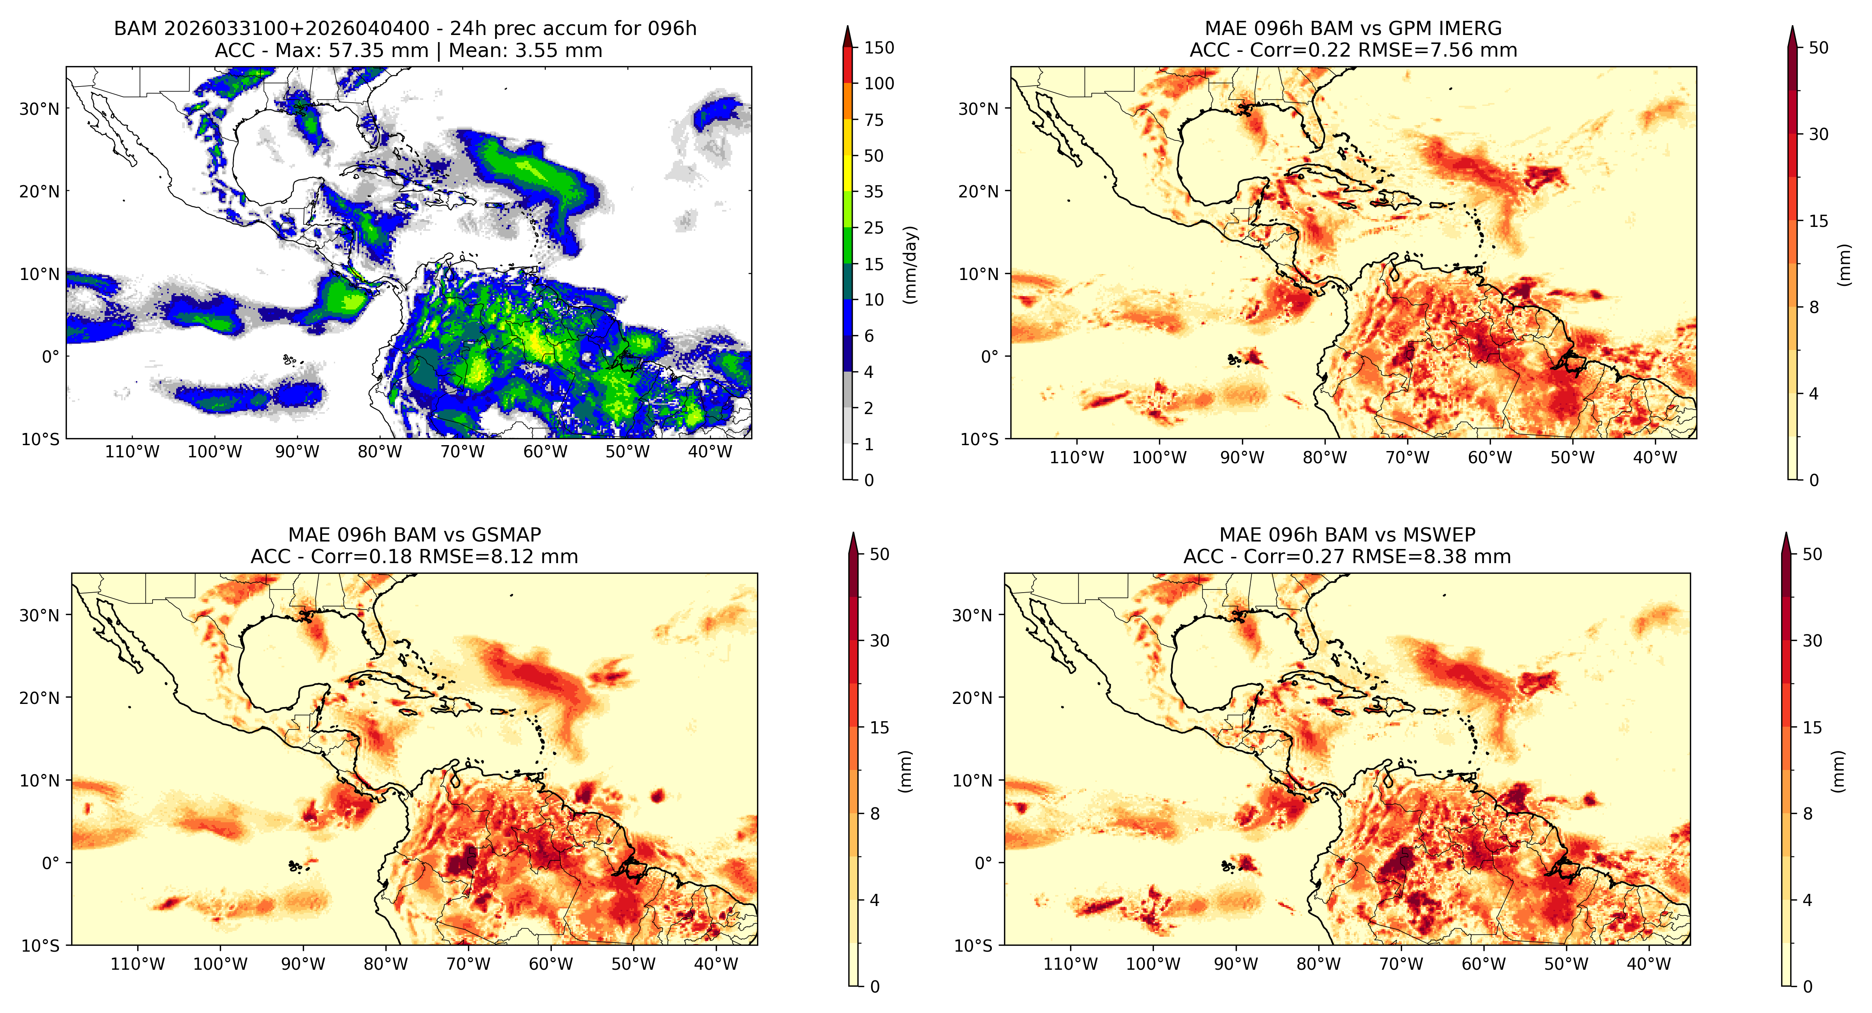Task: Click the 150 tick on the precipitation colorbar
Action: (879, 48)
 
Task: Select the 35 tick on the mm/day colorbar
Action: (873, 192)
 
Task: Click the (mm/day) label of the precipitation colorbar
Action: (910, 265)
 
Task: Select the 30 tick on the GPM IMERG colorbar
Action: (1818, 134)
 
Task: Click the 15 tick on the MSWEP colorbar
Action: (1812, 728)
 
